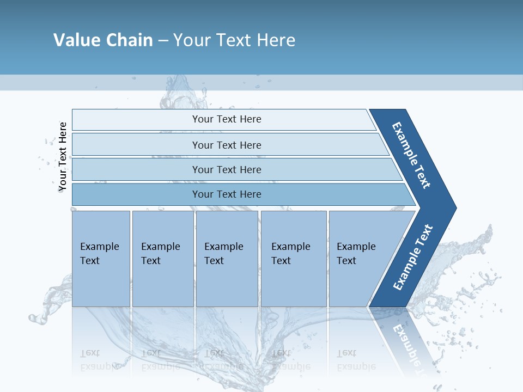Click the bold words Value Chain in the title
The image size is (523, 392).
click(103, 40)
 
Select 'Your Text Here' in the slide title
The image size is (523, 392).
click(234, 40)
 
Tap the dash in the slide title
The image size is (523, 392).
click(163, 41)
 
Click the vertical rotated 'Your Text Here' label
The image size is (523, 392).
click(63, 157)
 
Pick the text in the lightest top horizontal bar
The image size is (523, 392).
click(227, 119)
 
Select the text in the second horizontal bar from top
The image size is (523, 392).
click(227, 145)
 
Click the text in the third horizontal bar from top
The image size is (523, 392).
click(227, 170)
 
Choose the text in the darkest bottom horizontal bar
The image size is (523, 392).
click(227, 194)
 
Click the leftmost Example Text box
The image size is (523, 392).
click(100, 254)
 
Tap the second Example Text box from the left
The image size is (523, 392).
click(161, 254)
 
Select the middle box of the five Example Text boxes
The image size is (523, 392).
click(224, 254)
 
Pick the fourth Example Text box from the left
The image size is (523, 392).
click(291, 254)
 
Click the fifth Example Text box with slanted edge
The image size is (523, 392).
click(356, 254)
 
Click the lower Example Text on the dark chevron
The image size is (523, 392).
click(413, 258)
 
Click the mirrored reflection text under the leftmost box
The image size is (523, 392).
click(100, 360)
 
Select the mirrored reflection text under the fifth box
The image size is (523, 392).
click(356, 360)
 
